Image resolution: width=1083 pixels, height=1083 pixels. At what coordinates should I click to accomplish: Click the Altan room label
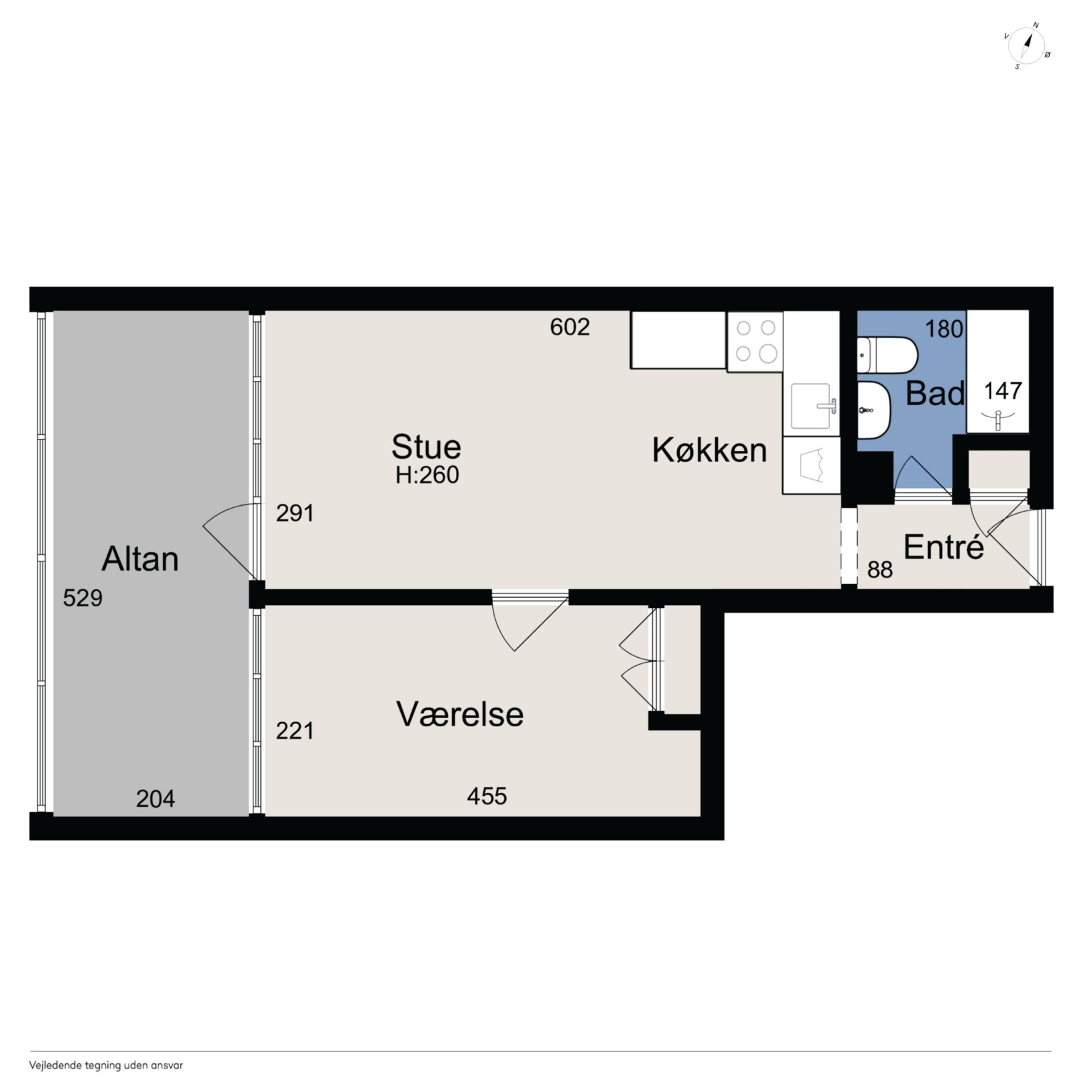(x=140, y=559)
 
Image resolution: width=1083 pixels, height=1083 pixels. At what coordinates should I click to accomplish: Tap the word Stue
(x=426, y=447)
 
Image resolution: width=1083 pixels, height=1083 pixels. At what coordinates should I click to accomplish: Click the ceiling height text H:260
(x=427, y=475)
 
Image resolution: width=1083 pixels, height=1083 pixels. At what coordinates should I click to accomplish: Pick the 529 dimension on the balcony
(x=82, y=598)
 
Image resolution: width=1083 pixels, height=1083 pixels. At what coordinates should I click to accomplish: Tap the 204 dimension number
(x=155, y=799)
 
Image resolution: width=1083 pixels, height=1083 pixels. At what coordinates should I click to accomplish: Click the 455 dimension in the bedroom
(x=487, y=796)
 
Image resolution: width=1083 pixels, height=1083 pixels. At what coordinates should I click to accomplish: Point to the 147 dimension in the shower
(x=1003, y=391)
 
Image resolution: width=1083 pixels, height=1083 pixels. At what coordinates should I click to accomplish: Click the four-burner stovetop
(x=755, y=342)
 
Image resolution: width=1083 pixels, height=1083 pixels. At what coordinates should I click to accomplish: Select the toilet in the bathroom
(x=886, y=355)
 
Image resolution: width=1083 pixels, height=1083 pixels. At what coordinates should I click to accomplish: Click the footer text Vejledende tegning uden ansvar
(x=106, y=1065)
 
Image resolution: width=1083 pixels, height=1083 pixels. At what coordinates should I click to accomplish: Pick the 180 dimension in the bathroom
(x=944, y=329)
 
